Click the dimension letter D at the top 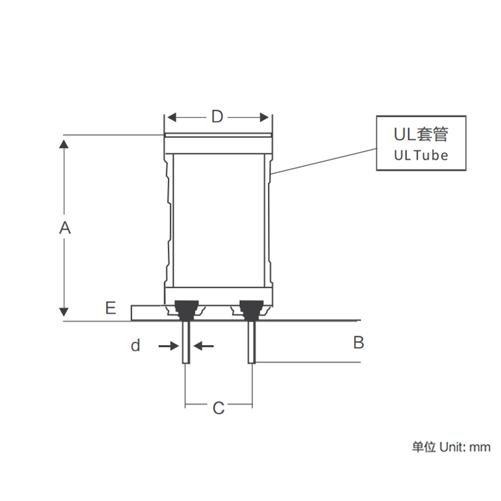pyautogui.click(x=217, y=117)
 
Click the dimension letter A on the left pyautogui.click(x=65, y=228)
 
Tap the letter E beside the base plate pyautogui.click(x=110, y=307)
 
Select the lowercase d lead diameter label pyautogui.click(x=135, y=345)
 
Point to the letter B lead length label pyautogui.click(x=358, y=343)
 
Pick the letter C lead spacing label pyautogui.click(x=218, y=408)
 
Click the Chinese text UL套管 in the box pyautogui.click(x=421, y=135)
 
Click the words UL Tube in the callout pyautogui.click(x=421, y=155)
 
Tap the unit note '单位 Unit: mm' pyautogui.click(x=450, y=447)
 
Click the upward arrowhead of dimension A pyautogui.click(x=63, y=145)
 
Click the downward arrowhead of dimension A pyautogui.click(x=63, y=311)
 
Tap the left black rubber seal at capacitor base pyautogui.click(x=186, y=307)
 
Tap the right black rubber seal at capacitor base pyautogui.click(x=251, y=307)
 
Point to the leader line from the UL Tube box pyautogui.click(x=323, y=161)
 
